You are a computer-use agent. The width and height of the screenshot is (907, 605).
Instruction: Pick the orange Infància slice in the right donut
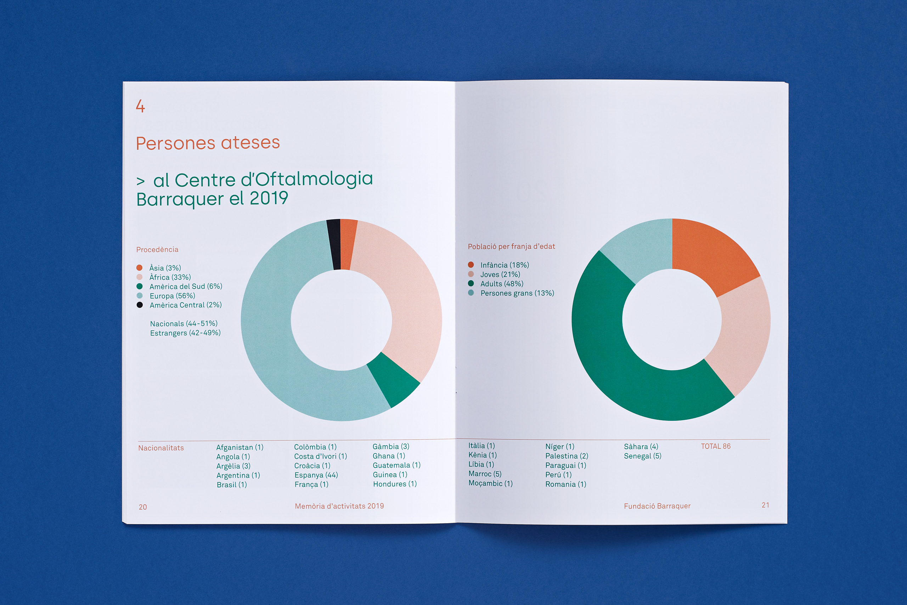(710, 255)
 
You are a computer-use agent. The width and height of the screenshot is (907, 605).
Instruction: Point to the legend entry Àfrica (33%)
(170, 277)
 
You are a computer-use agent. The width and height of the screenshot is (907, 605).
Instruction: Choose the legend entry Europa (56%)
(172, 296)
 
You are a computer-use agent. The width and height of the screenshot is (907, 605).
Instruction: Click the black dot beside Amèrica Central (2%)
(140, 305)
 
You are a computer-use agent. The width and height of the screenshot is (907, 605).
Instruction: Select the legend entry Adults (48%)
(501, 284)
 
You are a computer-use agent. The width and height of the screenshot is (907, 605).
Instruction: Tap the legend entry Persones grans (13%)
(517, 293)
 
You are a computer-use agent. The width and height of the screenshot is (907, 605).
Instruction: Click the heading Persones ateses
(208, 143)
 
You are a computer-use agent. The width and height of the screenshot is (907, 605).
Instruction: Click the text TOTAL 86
(716, 446)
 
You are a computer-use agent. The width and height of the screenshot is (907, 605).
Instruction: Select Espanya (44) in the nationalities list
(316, 475)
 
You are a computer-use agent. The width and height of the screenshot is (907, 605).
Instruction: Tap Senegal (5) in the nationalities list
(642, 456)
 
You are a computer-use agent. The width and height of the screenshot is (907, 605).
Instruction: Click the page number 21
(765, 505)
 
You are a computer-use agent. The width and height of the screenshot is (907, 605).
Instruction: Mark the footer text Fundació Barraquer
(657, 506)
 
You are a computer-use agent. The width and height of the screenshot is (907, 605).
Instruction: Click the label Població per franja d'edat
(511, 247)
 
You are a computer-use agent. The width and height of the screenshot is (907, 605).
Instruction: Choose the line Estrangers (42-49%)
(185, 333)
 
